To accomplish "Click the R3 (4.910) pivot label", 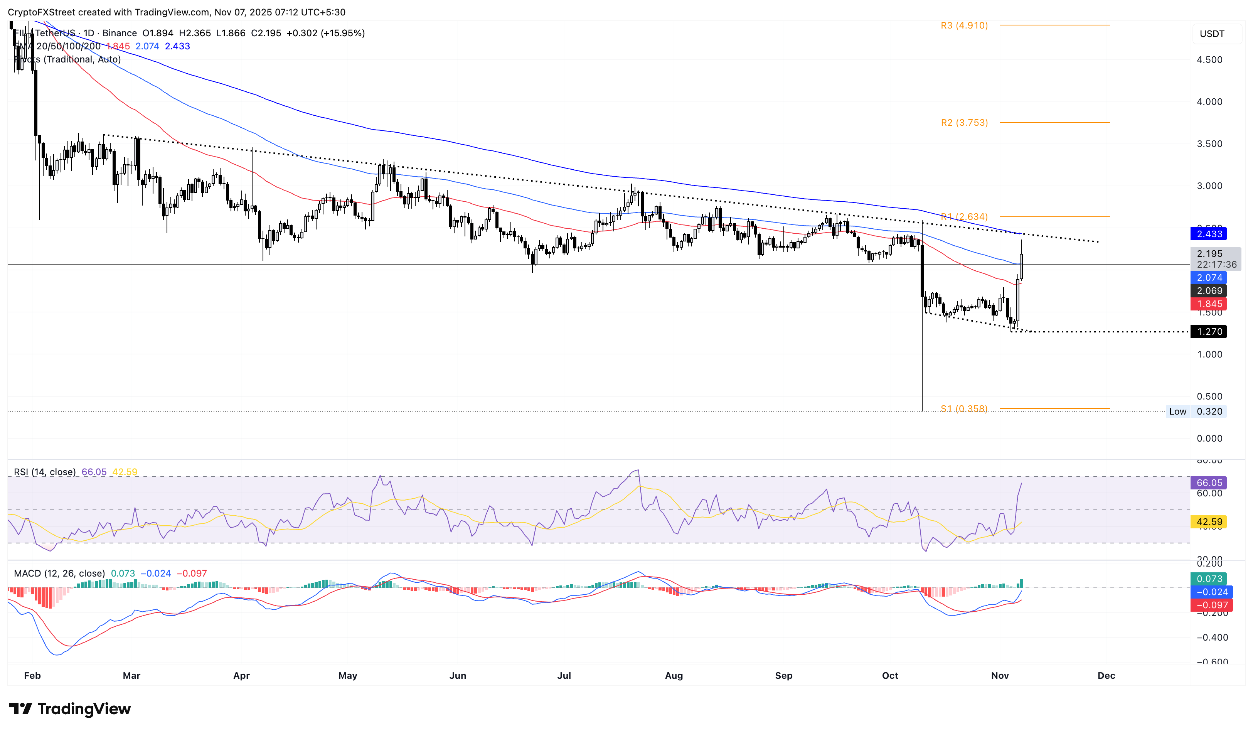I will (x=963, y=25).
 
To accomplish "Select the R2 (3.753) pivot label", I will (x=963, y=123).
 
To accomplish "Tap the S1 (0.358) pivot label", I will (x=963, y=409).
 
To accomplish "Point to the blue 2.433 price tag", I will (x=1208, y=234).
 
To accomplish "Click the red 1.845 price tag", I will (x=1208, y=304).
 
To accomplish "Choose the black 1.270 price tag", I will (x=1208, y=332).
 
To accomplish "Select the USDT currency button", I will (x=1212, y=34).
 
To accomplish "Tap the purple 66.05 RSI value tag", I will (x=1208, y=483).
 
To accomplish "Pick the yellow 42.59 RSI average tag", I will (x=1208, y=522).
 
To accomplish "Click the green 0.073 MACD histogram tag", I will (x=1208, y=579).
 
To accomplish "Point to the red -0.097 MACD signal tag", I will (x=1208, y=605).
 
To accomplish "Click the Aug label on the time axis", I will (x=674, y=675).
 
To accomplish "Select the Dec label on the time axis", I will (x=1106, y=675).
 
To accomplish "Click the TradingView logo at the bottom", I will (x=70, y=708).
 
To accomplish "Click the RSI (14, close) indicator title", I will (x=45, y=472).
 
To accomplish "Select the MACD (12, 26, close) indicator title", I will (x=59, y=573).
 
